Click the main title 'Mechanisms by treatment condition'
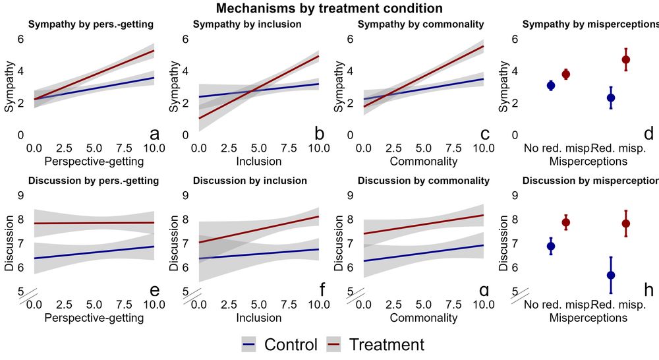(x=329, y=9)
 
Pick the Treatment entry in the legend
(x=386, y=344)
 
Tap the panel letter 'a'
(x=155, y=134)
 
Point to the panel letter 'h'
(x=648, y=289)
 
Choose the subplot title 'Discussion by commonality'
(x=424, y=181)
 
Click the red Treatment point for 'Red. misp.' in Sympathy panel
(x=625, y=59)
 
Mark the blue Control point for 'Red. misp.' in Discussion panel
(x=611, y=275)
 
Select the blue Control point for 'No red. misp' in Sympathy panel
(x=551, y=85)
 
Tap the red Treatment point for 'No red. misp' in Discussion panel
(x=565, y=222)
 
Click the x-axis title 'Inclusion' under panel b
(x=259, y=162)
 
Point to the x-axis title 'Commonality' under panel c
(x=424, y=162)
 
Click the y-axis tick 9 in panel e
(x=21, y=195)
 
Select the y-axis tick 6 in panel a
(x=21, y=39)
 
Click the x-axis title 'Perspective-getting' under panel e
(x=94, y=318)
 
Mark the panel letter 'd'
(x=648, y=134)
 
